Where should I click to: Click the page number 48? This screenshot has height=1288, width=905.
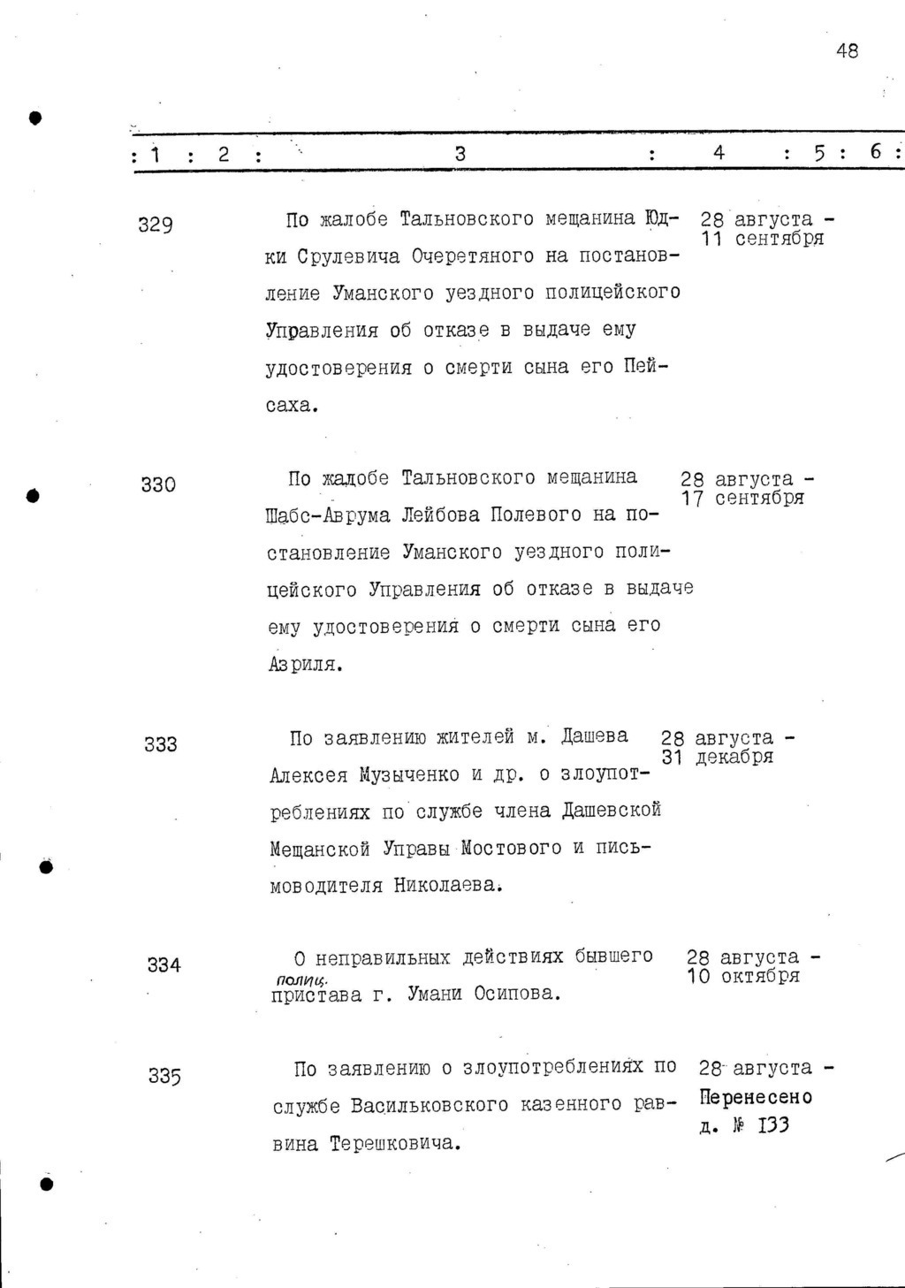(x=846, y=51)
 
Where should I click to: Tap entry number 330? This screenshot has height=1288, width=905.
(x=158, y=484)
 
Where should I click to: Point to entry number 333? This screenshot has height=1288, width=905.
(x=161, y=744)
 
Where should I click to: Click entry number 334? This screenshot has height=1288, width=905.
(x=164, y=965)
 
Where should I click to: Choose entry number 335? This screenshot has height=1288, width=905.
(x=164, y=1076)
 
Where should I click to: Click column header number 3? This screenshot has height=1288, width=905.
(x=460, y=154)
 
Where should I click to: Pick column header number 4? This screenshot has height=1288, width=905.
(x=719, y=153)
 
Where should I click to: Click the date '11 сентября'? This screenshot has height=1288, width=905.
(x=764, y=239)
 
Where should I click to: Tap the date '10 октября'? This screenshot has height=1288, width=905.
(x=743, y=976)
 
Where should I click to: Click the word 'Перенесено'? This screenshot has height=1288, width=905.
(x=756, y=1098)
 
